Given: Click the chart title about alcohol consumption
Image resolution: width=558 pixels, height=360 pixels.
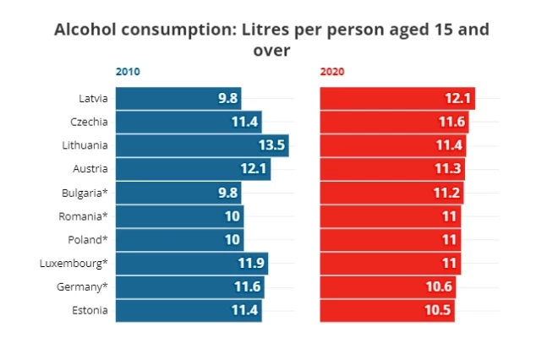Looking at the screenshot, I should pos(271,40).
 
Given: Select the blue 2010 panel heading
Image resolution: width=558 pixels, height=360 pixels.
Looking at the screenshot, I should pos(128,72).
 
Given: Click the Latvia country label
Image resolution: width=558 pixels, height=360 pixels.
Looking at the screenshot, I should pos(92,98).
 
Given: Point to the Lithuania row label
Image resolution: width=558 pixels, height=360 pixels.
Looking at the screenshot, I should pos(85,145).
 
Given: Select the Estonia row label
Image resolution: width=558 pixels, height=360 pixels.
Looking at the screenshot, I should pos(90,311).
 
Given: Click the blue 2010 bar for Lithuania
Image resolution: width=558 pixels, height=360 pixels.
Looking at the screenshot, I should pos(201,145).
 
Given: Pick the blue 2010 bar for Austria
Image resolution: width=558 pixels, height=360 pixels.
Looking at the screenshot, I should pos(192,169).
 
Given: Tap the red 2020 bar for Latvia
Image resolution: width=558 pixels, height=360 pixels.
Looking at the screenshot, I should pos(397,98).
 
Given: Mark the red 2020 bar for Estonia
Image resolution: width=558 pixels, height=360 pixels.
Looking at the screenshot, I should pos(387,311).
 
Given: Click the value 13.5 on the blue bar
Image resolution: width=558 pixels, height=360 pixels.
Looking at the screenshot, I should pos(271,145).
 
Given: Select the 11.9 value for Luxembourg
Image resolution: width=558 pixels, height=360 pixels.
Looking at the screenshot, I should pos(251,264).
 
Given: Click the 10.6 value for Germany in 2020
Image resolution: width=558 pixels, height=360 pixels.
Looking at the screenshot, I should pos(440,287).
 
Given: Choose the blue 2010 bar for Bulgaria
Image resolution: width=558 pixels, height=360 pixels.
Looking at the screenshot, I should pos(178,193).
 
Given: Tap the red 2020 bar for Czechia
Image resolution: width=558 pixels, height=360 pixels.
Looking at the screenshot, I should pos(393,122).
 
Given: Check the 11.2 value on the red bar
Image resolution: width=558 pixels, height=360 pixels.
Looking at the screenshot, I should pos(447,193).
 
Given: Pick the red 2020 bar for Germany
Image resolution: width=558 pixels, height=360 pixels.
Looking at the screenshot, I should pos(388,287).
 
